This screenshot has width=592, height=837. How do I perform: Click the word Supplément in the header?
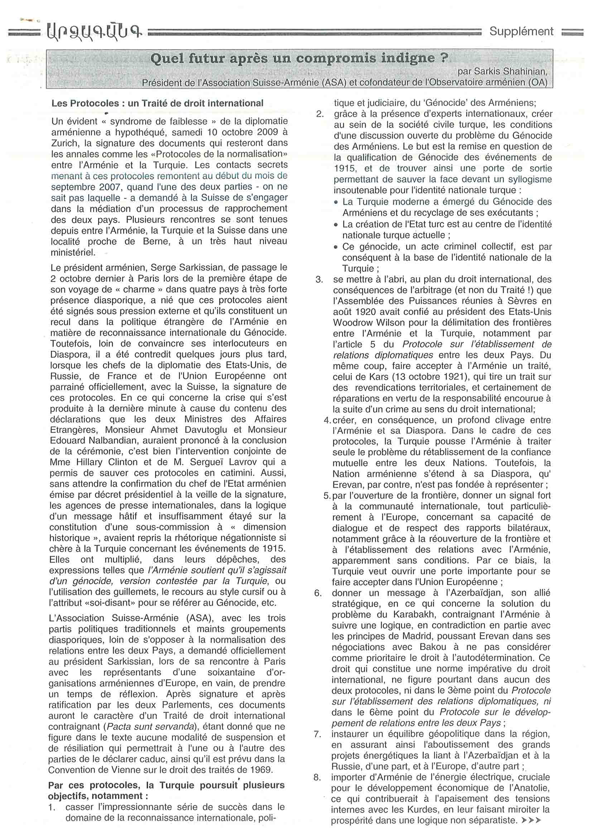pos(521,32)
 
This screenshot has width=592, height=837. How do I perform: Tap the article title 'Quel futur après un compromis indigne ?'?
pos(299,58)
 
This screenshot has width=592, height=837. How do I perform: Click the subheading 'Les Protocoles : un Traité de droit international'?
pos(157,103)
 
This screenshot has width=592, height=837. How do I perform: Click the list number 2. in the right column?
pos(319,114)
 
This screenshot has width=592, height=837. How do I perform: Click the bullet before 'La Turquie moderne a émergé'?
pos(336,202)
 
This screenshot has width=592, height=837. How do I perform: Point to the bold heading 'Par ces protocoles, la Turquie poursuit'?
pos(166,785)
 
